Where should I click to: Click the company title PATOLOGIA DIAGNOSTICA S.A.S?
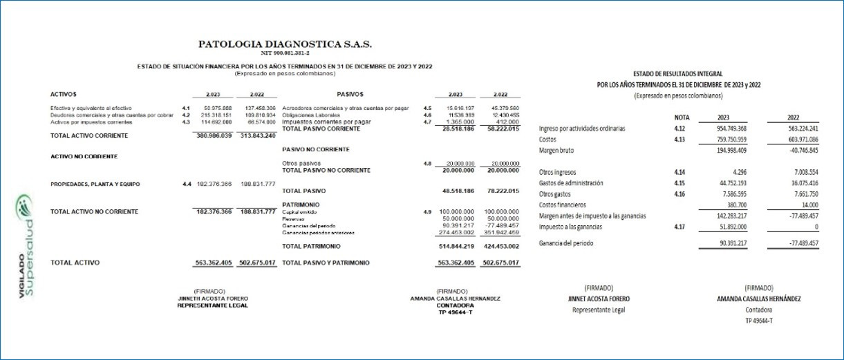(x=285, y=44)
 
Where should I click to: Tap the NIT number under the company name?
(x=285, y=53)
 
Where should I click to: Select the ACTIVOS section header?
(x=64, y=94)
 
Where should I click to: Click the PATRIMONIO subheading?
(x=300, y=205)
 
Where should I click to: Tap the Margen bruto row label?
(x=556, y=150)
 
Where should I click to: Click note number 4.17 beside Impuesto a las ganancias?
(x=680, y=226)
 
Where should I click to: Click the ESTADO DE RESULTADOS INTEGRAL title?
(x=678, y=73)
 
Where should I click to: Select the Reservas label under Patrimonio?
(x=294, y=219)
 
